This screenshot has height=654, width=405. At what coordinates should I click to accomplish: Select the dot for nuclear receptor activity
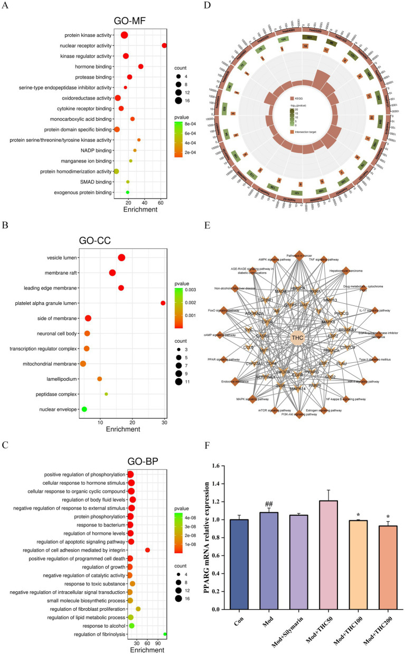click(164, 46)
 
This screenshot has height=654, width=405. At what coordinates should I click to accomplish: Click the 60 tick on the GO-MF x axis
click(161, 201)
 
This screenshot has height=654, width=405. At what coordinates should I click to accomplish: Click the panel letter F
click(207, 460)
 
